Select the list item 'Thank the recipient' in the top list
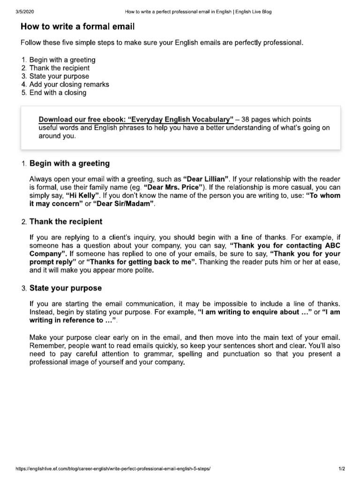point(59,68)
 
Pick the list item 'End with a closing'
point(58,92)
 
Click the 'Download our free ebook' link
point(136,120)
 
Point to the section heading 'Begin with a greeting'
point(69,164)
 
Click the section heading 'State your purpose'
point(66,287)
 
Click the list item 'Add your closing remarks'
point(69,84)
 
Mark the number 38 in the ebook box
point(245,120)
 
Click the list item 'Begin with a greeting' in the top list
point(62,60)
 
